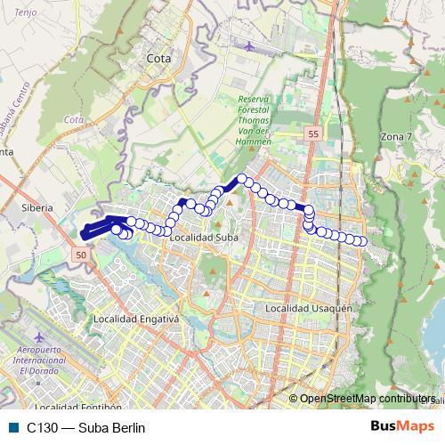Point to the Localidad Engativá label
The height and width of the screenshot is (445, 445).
click(x=136, y=318)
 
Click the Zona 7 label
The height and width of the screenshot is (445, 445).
click(x=396, y=136)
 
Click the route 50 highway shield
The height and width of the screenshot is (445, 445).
click(x=81, y=255)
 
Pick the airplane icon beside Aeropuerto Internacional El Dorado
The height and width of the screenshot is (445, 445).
click(x=40, y=338)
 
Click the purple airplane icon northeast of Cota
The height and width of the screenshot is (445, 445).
click(x=248, y=44)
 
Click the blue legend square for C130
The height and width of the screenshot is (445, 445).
click(x=12, y=427)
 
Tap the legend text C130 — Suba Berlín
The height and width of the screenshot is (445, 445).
click(x=86, y=427)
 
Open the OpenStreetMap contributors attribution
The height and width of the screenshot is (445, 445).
click(x=368, y=398)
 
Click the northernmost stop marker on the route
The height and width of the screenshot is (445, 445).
click(x=241, y=179)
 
